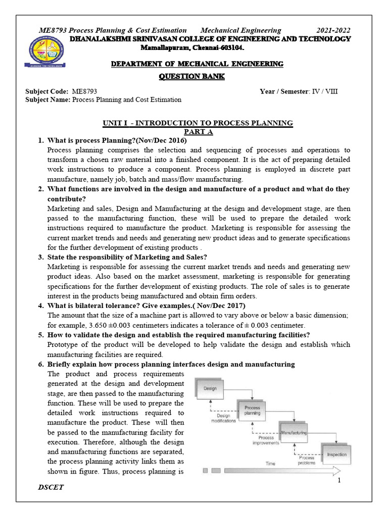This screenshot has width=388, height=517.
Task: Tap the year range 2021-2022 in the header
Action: [x=333, y=30]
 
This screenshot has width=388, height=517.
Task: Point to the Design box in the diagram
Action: [x=210, y=388]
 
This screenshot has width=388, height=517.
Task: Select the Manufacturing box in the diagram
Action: [x=294, y=433]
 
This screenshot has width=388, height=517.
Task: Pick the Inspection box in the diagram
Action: [x=336, y=454]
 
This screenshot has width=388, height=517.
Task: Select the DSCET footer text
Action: [x=52, y=488]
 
